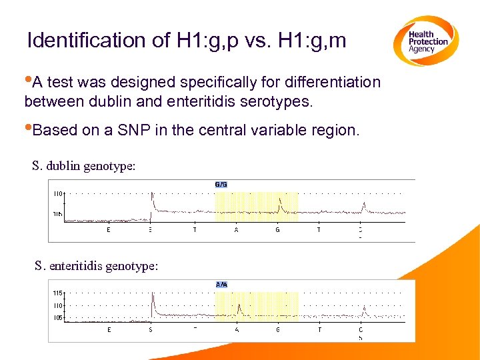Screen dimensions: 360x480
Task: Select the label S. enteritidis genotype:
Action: (x=97, y=266)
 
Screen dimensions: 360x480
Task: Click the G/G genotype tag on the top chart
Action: (x=221, y=184)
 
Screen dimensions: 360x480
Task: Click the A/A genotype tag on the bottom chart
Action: (x=222, y=284)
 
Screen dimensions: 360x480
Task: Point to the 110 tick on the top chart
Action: (x=58, y=193)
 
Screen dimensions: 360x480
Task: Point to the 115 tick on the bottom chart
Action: (x=58, y=293)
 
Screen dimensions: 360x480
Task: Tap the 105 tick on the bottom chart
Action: (x=58, y=318)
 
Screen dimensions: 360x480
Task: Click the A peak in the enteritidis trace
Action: (x=239, y=307)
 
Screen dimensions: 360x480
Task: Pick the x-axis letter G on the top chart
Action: (x=277, y=230)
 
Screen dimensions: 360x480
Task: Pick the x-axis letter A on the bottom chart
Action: (x=237, y=329)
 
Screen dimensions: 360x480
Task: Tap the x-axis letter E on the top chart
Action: (x=109, y=230)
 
